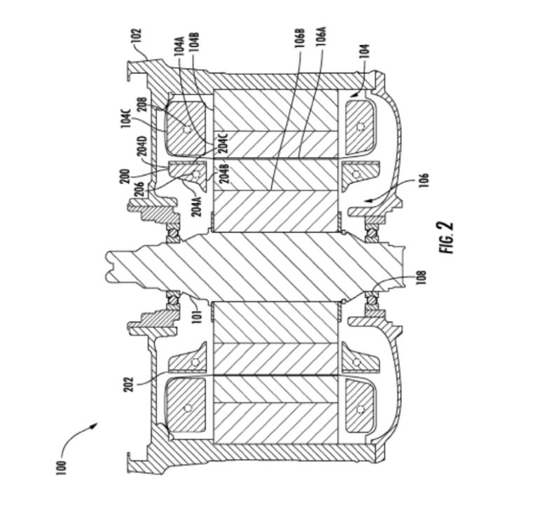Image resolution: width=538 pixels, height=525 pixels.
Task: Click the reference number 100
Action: tap(61, 468)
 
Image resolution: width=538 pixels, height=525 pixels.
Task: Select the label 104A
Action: tap(179, 45)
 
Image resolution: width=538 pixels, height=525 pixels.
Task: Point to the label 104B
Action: tap(194, 42)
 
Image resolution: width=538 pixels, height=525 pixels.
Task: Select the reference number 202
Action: tap(127, 385)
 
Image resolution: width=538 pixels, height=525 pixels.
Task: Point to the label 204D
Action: tap(142, 146)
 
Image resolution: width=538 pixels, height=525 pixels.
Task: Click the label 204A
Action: tap(196, 206)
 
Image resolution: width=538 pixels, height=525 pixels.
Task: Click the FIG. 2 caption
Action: tap(446, 237)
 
